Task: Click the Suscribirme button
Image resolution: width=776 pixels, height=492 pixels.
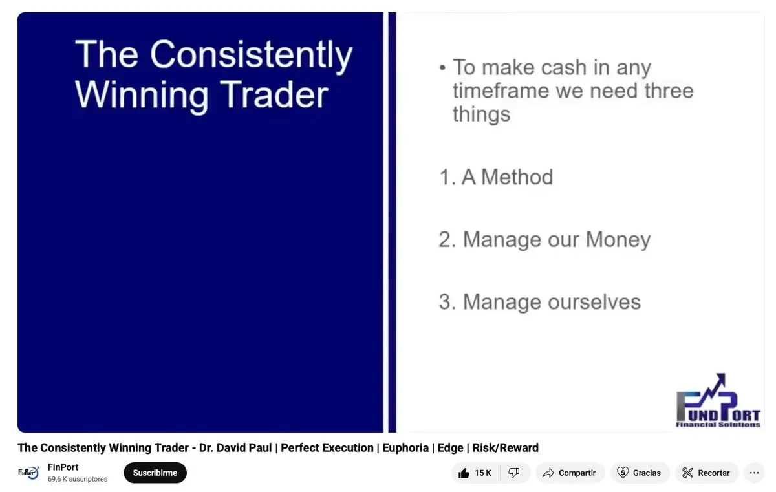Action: (155, 473)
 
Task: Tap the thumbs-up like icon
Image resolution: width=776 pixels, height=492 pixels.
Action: (464, 473)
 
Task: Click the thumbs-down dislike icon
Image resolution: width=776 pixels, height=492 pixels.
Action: (513, 473)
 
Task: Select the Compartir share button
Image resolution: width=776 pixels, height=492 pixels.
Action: (570, 473)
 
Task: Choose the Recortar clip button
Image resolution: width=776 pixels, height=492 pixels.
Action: (706, 473)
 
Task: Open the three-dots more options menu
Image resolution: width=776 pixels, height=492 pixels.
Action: (754, 473)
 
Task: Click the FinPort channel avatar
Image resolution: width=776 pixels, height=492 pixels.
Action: (28, 473)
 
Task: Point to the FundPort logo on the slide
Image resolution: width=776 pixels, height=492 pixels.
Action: (718, 401)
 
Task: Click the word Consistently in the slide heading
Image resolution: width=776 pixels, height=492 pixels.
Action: (251, 55)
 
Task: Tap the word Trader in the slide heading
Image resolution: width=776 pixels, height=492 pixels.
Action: (274, 95)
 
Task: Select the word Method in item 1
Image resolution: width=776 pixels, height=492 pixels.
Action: (517, 177)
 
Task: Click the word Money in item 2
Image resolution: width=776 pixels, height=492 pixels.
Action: (618, 241)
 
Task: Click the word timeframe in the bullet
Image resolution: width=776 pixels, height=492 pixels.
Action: (501, 91)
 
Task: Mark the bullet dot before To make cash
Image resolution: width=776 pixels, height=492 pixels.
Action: (442, 67)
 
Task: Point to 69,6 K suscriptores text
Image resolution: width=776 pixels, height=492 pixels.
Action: (78, 479)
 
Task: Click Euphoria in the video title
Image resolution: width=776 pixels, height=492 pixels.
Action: (405, 447)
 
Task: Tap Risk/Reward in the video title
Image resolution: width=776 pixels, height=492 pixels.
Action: (506, 447)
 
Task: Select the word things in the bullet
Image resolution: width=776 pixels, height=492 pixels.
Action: (482, 114)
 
